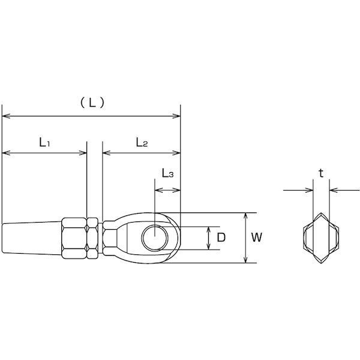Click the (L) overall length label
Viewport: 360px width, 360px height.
click(92, 103)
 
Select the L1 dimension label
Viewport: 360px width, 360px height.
click(44, 142)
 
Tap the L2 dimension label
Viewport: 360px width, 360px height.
click(142, 142)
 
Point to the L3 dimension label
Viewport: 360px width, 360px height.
click(167, 173)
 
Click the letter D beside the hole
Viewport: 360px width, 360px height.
click(221, 238)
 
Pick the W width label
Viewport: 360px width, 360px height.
click(256, 238)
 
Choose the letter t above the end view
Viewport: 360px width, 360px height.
click(321, 173)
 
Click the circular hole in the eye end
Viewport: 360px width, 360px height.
click(155, 238)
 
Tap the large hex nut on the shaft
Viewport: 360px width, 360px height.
click(73, 238)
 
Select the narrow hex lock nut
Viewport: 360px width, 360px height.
click(92, 238)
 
